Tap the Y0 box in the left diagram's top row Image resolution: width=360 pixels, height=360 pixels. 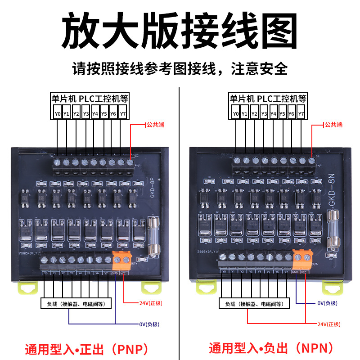58,114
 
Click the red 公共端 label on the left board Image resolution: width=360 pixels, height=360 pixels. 155,125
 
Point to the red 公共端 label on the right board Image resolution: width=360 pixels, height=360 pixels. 333,125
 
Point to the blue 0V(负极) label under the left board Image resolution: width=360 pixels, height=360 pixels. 148,324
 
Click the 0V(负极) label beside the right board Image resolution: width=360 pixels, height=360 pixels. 327,303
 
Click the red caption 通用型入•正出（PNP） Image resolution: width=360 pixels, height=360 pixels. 86,349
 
